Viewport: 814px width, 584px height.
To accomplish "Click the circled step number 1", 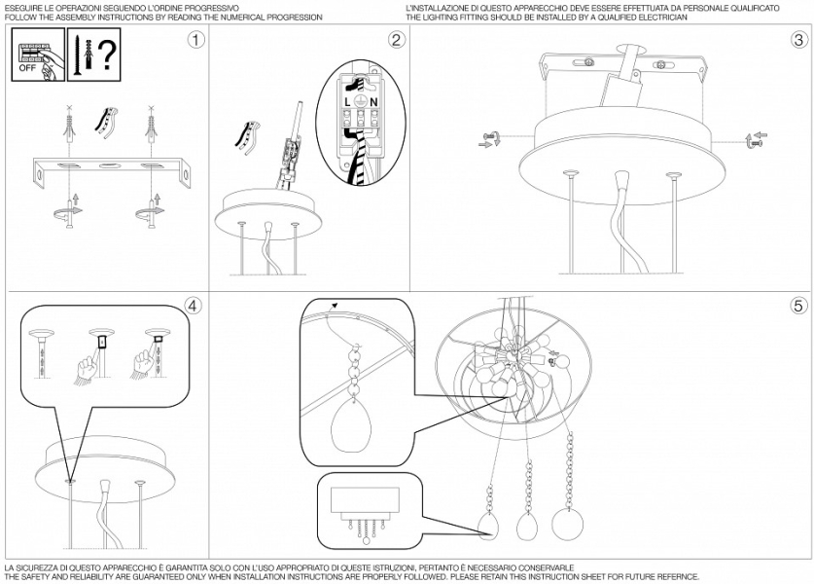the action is pos(195,40).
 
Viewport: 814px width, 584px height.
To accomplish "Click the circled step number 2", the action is pos(396,40).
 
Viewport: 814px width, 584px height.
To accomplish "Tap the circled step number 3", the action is pos(799,40).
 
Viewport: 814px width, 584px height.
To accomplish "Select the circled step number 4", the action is pos(193,306).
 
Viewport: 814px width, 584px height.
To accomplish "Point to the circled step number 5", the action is pos(799,306).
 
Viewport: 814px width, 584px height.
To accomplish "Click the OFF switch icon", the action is pos(39,55).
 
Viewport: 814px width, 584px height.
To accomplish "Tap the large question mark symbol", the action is pos(107,55).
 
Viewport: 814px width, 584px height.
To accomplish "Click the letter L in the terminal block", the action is pos(348,103).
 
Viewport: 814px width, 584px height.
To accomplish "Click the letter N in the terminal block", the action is pos(373,103).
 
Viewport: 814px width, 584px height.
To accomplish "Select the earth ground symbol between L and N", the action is pos(361,101).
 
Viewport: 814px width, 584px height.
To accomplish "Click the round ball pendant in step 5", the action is pos(567,524).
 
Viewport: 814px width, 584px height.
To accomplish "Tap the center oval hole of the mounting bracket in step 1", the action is pos(108,165).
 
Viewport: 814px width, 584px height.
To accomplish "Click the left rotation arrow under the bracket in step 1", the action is pos(67,211).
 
